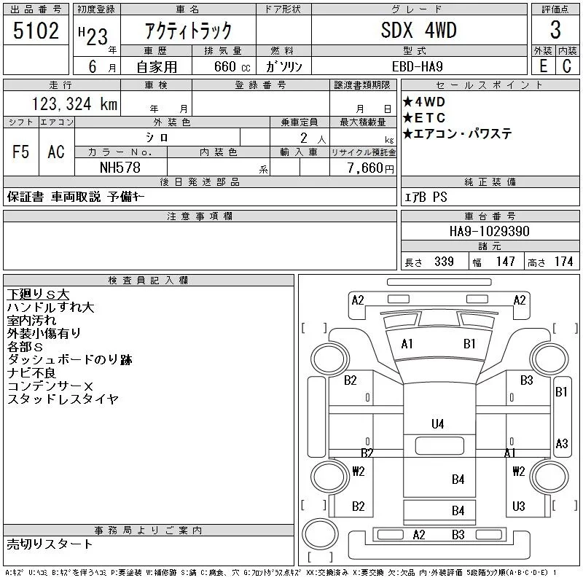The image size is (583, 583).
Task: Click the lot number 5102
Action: point(36,31)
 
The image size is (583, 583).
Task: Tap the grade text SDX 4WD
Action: point(418,30)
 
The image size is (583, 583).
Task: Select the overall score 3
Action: point(555,30)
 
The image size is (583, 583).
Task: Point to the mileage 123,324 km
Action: point(74,103)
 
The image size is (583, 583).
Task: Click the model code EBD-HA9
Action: point(417,66)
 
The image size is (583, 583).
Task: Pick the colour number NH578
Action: point(120,168)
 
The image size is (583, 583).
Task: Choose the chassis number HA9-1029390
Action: point(489,231)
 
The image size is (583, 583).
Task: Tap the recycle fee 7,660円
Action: point(371,168)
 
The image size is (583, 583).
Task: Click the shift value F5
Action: point(21,152)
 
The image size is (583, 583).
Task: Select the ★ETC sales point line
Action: point(424,118)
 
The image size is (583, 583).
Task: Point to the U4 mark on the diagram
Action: point(438,424)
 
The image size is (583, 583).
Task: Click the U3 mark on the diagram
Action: point(518,506)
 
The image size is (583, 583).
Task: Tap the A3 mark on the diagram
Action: point(561,444)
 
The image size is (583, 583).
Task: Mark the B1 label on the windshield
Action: point(469,344)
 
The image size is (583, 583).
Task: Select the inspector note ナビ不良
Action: point(31,373)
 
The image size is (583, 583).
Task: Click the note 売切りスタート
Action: point(50,544)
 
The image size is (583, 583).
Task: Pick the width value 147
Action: point(505,262)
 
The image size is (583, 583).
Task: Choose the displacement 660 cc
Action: point(232,67)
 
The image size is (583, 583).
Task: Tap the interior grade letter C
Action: point(567,66)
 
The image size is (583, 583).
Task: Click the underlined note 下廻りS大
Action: point(38,294)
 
